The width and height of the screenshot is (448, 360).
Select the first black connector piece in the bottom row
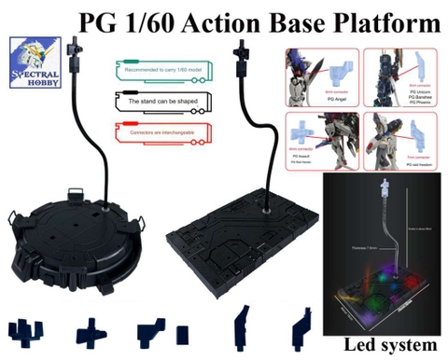point(27,331)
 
